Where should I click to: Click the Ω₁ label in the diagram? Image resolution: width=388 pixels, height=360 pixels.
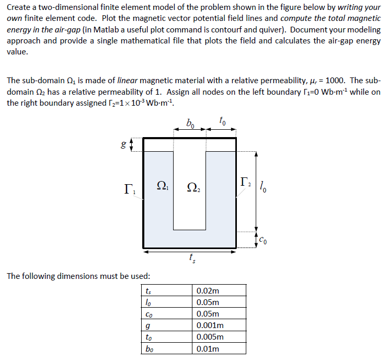[x=163, y=185]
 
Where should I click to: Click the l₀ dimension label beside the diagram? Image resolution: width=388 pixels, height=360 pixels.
[x=264, y=185]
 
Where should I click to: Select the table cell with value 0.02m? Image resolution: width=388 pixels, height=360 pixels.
[x=208, y=291]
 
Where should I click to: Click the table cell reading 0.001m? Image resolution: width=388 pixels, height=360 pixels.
[x=210, y=325]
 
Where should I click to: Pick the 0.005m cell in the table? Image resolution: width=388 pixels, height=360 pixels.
[x=210, y=337]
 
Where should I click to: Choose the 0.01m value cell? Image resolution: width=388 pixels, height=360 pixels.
[x=208, y=348]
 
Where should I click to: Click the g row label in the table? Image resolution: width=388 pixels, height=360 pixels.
[x=149, y=326]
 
